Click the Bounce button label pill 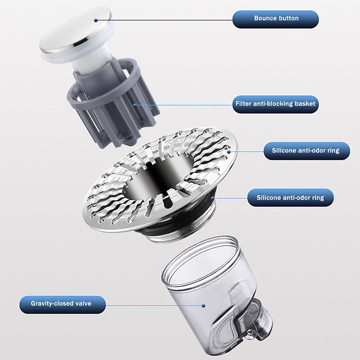(276, 19)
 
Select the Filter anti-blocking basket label (276, 104)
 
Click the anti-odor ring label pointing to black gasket (290, 198)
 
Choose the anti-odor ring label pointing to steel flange (306, 150)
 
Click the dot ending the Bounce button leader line (96, 19)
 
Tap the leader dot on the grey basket (135, 104)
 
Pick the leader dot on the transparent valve (204, 306)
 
